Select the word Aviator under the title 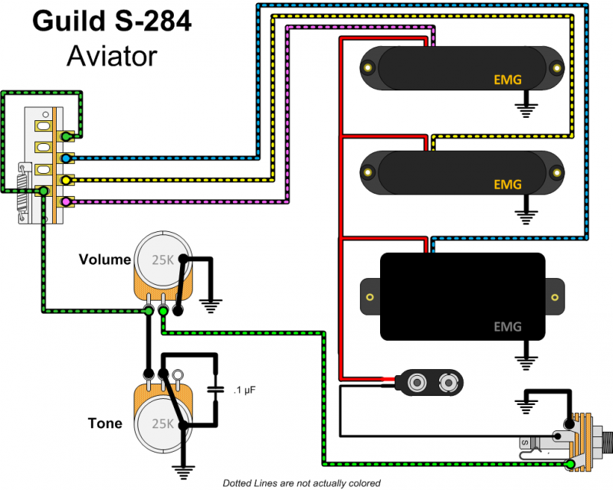[x=111, y=55]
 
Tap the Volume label [x=105, y=260]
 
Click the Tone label [x=104, y=423]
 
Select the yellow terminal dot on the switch [x=67, y=181]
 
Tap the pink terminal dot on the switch [x=67, y=202]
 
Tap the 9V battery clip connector [x=428, y=381]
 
